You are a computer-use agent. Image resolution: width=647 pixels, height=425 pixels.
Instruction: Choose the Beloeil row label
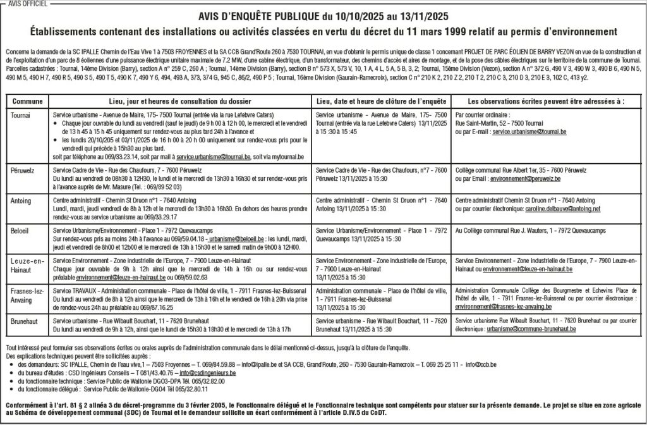tap(21, 232)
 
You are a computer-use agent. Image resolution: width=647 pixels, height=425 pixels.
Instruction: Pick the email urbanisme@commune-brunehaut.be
tap(540, 330)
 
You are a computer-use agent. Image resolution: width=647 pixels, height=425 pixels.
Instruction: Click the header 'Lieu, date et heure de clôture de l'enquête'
tap(381, 101)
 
